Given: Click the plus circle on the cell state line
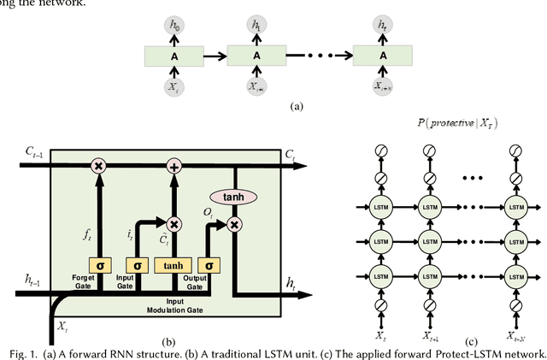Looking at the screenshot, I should tap(175, 166).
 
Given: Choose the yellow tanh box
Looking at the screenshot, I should tap(174, 266).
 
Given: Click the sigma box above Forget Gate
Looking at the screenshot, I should tap(99, 266).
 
